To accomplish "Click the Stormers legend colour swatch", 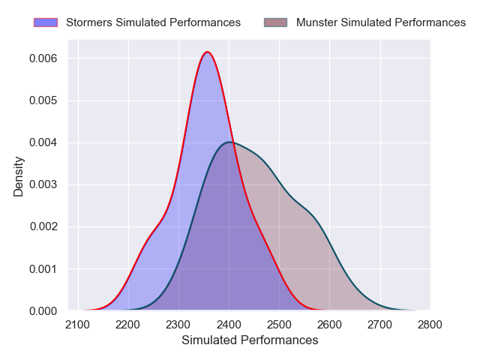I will click(x=46, y=22).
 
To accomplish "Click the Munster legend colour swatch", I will click(x=276, y=22).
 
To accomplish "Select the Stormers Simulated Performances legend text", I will click(x=153, y=22).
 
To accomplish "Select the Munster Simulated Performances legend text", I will click(x=381, y=22).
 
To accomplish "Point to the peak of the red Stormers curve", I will click(x=208, y=52).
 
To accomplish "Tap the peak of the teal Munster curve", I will click(x=230, y=142).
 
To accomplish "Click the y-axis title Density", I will click(x=19, y=176).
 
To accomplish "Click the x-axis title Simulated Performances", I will click(x=250, y=340).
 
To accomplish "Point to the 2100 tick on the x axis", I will click(x=78, y=325).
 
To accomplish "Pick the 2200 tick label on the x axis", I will click(x=128, y=325).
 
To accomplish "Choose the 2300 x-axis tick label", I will click(x=178, y=325).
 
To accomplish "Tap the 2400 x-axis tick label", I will click(x=229, y=325).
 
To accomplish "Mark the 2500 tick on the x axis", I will click(x=279, y=325).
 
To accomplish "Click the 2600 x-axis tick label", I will click(x=329, y=325).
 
